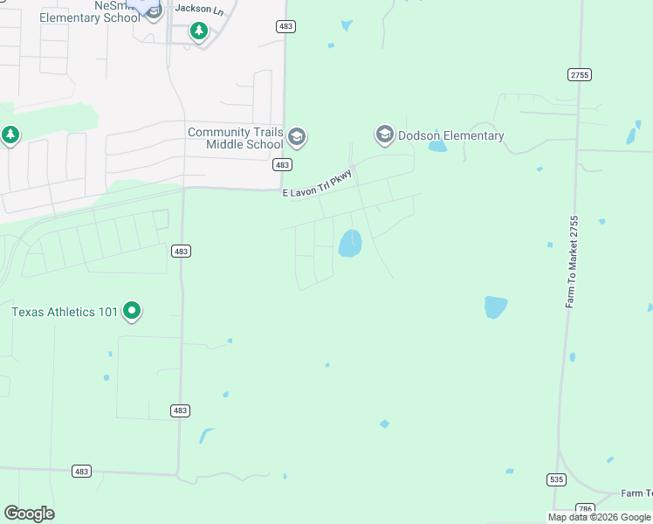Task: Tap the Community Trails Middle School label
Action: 236,138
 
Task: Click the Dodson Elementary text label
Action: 451,135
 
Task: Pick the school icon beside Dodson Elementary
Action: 384,134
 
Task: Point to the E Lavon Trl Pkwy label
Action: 317,184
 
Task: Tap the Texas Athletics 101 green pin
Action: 132,310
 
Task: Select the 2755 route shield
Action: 579,75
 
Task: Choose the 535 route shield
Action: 557,479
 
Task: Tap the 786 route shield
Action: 585,508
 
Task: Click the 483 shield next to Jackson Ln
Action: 285,27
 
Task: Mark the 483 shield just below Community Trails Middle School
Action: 281,164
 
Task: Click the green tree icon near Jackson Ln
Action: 199,31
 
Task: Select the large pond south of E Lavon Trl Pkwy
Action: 350,243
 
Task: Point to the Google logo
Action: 29,513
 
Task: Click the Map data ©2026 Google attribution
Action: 599,517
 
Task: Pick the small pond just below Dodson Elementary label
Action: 437,147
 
